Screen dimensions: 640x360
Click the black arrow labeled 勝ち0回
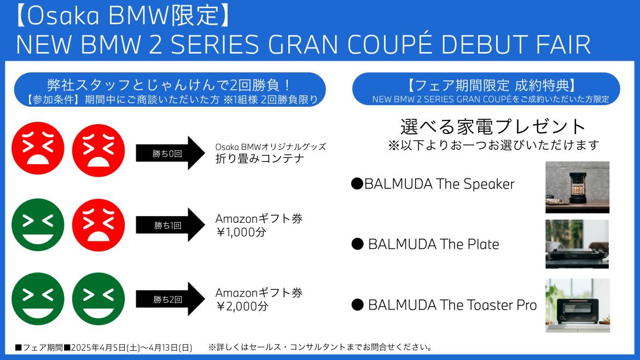(170, 153)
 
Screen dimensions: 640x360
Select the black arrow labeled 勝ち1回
(170, 225)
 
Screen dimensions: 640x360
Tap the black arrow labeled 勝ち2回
(170, 299)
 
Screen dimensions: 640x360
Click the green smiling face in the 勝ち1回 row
(38, 225)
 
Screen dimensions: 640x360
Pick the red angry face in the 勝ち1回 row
(98, 225)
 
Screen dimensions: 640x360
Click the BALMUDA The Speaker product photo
(577, 187)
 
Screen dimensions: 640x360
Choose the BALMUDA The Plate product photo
(577, 244)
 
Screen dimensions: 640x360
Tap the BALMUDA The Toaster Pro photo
(578, 305)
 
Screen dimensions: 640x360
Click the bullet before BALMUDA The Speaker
(357, 184)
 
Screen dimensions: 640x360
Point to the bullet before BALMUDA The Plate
(358, 244)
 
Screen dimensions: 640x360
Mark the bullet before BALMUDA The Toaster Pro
(358, 305)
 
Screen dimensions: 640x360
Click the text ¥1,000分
(241, 232)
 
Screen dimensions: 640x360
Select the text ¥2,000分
(242, 306)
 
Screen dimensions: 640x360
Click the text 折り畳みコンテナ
(260, 158)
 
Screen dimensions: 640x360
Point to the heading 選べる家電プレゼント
(493, 126)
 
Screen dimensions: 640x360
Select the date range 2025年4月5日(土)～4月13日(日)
(131, 348)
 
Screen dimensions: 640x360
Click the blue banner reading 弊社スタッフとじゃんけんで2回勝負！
(170, 90)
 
